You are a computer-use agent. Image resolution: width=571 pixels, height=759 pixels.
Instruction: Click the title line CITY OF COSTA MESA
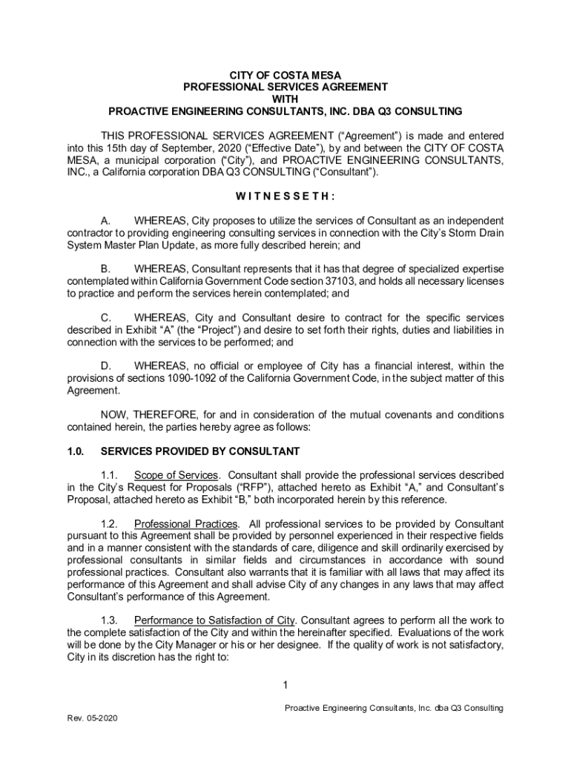click(285, 74)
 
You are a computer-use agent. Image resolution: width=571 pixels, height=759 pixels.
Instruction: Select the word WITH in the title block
click(285, 99)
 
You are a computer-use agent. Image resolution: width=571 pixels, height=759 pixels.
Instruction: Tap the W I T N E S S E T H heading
click(285, 196)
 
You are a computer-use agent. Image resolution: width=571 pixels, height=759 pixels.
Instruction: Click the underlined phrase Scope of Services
click(176, 474)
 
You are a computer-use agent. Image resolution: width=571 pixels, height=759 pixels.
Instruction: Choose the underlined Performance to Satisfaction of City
click(214, 620)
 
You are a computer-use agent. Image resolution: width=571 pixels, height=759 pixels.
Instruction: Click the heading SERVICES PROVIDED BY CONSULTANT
click(200, 451)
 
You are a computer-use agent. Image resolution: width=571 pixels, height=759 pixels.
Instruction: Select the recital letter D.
click(106, 366)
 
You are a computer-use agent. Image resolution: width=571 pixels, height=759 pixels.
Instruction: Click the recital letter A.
click(106, 221)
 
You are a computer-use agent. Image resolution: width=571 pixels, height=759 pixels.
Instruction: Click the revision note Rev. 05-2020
click(92, 719)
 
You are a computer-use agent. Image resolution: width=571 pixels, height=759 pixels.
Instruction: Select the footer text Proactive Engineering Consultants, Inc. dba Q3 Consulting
click(394, 708)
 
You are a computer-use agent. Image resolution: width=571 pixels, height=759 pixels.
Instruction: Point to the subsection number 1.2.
click(110, 523)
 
